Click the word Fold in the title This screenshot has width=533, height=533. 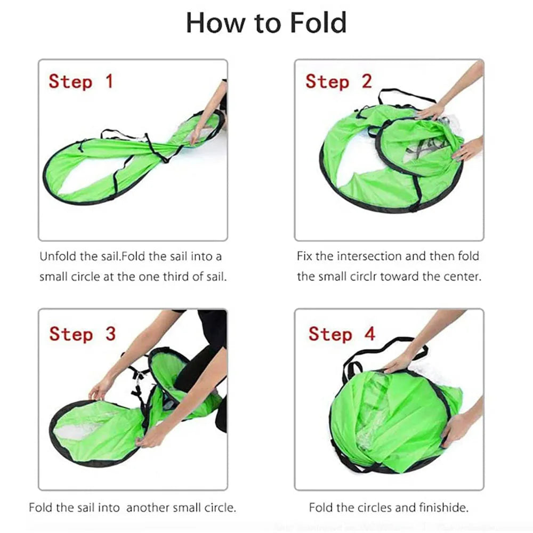[319, 22]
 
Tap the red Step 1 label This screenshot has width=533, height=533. [81, 82]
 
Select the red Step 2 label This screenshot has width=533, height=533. [338, 82]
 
